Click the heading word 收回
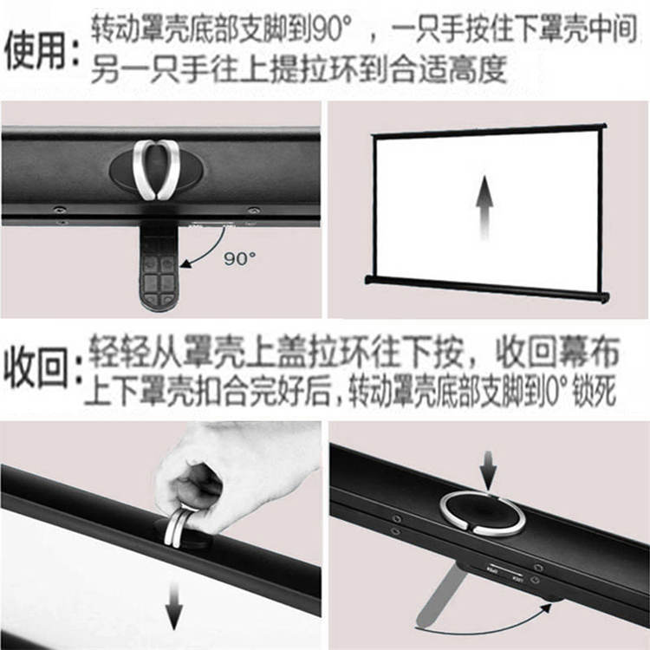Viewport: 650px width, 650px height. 35,367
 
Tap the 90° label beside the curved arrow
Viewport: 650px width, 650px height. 239,258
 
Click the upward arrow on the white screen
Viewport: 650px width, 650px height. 484,207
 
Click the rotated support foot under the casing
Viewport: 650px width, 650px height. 159,269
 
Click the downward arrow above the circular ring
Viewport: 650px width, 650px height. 488,471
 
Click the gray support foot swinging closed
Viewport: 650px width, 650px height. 440,595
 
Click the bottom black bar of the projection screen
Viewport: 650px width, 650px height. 487,287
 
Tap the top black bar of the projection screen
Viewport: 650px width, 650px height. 488,130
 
